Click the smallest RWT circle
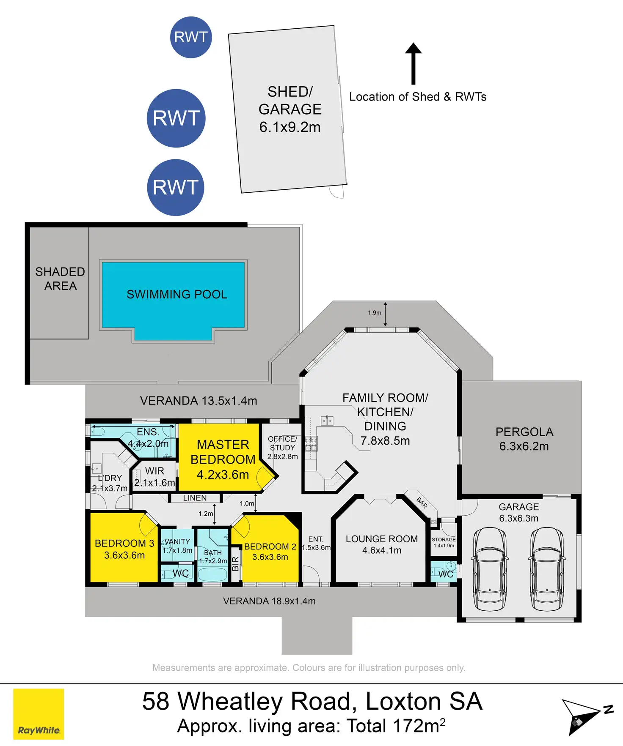point(191,37)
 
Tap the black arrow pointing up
point(413,63)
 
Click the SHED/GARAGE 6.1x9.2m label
point(290,109)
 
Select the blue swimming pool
point(174,301)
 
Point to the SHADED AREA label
point(60,279)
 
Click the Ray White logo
point(39,714)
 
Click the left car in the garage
point(490,568)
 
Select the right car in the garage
point(547,568)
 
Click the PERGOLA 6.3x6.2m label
point(524,439)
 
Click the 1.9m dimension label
point(375,313)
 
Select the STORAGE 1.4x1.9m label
point(444,542)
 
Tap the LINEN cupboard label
point(195,498)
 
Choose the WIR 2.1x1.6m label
point(154,477)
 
